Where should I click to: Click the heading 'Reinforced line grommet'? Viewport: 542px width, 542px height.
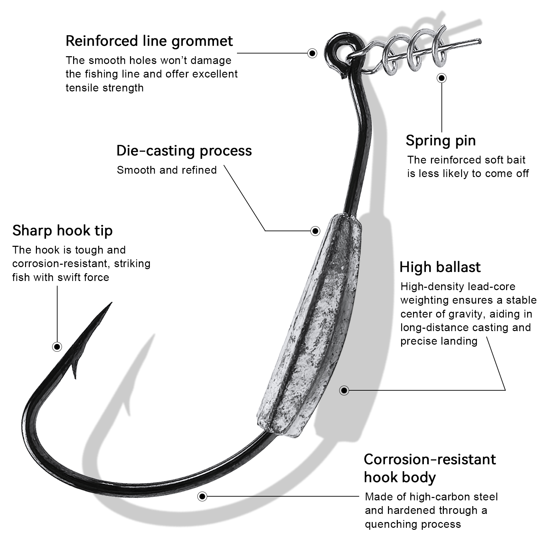pos(149,41)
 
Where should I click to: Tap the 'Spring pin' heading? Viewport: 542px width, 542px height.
pos(440,140)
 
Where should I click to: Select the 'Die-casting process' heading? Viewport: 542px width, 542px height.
pos(184,151)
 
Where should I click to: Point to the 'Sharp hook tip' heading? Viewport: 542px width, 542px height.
pos(62,231)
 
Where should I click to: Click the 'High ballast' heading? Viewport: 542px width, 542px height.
pos(440,267)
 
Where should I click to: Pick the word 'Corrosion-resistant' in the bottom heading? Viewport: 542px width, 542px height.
pos(430,459)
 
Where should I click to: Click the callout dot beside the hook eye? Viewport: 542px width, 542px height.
pos(312,53)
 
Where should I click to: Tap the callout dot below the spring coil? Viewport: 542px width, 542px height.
pos(441,78)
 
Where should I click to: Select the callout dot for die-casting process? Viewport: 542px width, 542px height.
pos(315,231)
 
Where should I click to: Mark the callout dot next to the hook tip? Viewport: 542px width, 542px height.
pos(57,347)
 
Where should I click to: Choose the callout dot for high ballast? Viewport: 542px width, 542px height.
pos(344,390)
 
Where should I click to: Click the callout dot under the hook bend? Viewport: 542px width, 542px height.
pos(202,497)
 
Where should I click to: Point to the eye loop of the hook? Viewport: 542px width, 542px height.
pos(337,46)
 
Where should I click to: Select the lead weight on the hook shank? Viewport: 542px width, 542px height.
pos(310,325)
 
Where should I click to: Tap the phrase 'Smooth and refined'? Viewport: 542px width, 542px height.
pos(167,170)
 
